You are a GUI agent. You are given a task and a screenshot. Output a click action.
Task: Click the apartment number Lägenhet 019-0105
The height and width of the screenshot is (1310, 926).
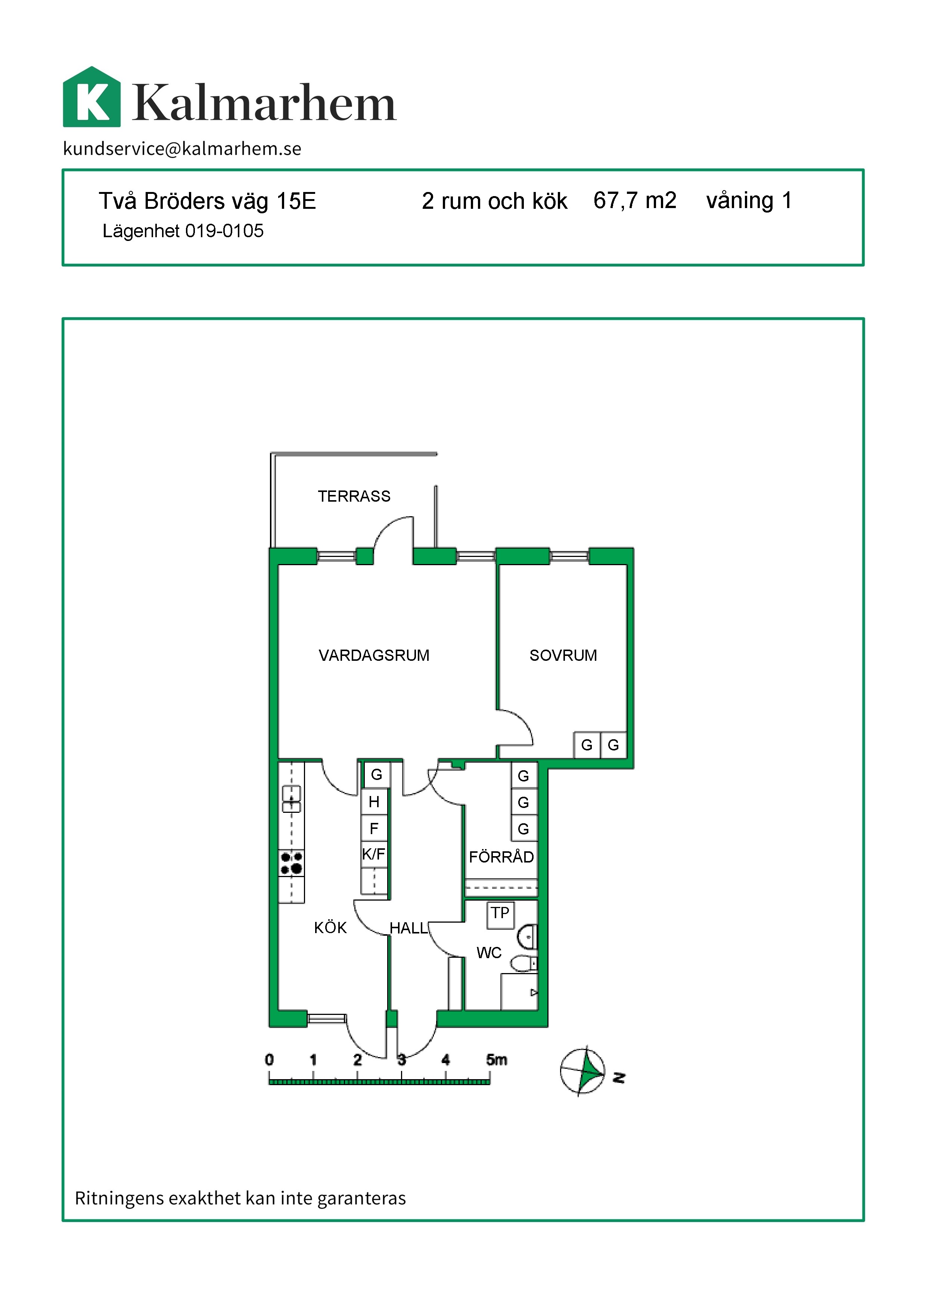point(183,231)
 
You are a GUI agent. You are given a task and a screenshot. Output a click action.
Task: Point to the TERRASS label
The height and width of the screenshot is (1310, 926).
point(354,496)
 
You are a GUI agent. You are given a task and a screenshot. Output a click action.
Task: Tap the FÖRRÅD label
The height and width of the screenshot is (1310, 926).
point(501,857)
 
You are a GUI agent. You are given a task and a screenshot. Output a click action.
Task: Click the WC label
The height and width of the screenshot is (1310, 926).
point(489,953)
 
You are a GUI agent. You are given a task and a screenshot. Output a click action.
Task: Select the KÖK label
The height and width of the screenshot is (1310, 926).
point(330,928)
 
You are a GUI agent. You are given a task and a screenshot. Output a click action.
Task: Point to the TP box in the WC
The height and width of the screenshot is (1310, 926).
point(500,913)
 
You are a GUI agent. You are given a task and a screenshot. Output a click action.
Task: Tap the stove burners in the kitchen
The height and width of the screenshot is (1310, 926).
point(291,863)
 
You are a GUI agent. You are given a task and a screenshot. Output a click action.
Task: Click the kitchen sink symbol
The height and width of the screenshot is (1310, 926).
point(291,799)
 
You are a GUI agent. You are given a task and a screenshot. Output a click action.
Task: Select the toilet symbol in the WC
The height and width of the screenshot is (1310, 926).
point(522,964)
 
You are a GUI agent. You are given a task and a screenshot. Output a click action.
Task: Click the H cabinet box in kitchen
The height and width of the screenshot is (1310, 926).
point(374,802)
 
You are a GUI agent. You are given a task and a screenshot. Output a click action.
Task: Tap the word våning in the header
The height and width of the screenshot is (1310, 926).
point(740,201)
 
